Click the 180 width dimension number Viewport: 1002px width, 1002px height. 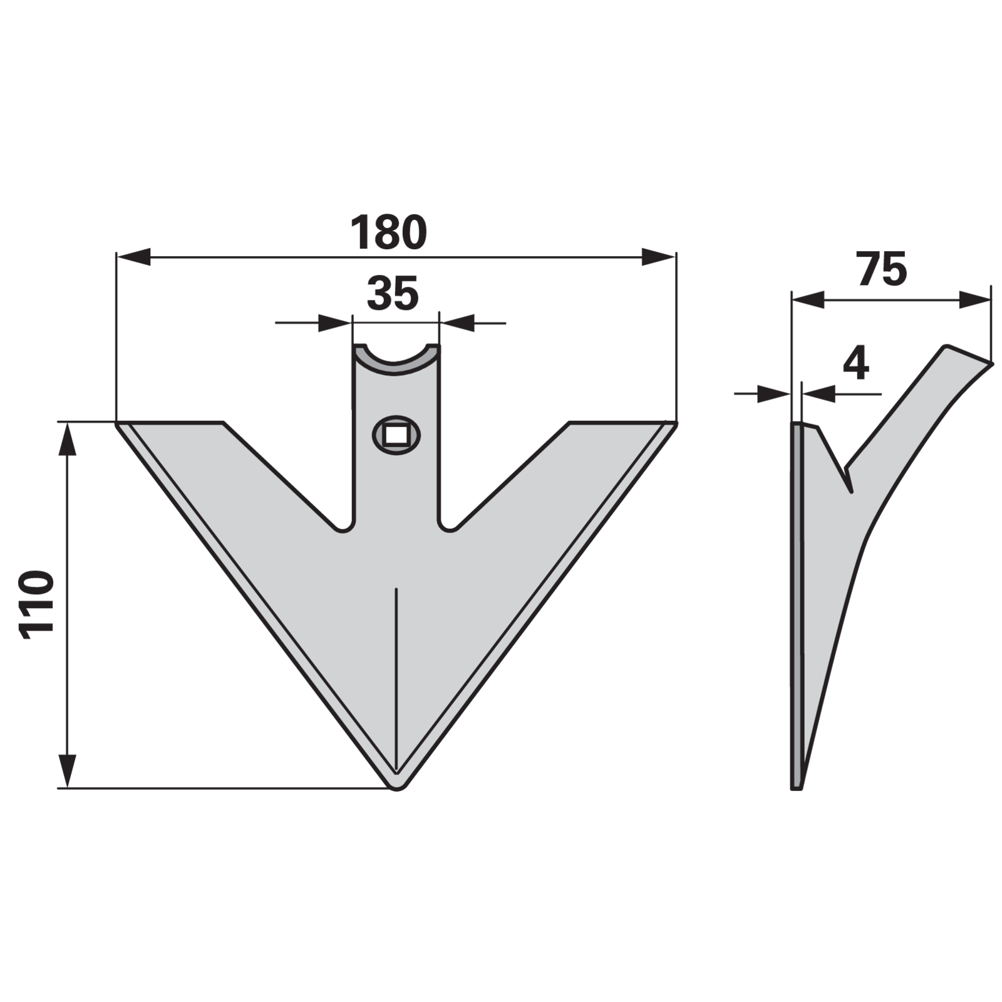point(388,232)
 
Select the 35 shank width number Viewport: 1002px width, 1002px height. point(393,294)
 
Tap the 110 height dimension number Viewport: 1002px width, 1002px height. point(35,605)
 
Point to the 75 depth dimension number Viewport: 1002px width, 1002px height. point(882,269)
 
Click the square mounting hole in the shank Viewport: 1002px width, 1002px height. point(396,434)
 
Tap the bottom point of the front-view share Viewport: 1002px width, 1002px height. point(396,788)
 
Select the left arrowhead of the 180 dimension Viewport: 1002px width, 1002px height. point(133,257)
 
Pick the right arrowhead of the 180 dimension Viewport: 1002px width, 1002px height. point(659,257)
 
